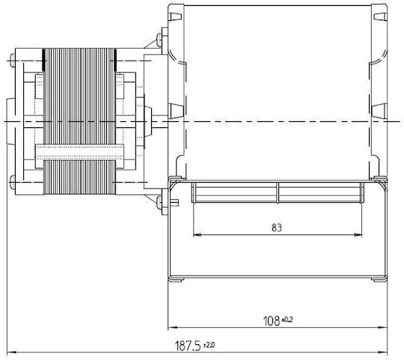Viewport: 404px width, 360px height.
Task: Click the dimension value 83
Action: click(277, 228)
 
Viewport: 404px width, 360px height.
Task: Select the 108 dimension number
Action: click(272, 321)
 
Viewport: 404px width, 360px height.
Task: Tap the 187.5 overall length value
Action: click(188, 346)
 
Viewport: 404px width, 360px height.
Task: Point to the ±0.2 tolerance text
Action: click(287, 320)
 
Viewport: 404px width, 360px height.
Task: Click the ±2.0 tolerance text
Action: click(209, 344)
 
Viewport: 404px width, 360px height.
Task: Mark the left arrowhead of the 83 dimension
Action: click(197, 235)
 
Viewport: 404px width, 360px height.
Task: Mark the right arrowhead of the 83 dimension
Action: click(358, 235)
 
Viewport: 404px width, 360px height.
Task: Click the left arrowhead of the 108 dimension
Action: click(173, 328)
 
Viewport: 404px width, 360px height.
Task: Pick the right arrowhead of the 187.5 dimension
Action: click(382, 352)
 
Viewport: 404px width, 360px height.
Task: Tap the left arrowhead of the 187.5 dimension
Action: click(11, 352)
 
